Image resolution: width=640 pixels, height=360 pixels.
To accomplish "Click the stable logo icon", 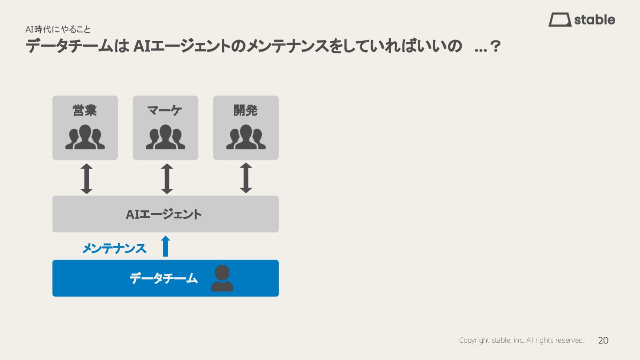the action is [560, 20].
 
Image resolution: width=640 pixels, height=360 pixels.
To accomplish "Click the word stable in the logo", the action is [595, 20].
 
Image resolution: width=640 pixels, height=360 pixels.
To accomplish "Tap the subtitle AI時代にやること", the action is [58, 29].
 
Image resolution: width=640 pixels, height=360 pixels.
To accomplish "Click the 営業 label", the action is [85, 110].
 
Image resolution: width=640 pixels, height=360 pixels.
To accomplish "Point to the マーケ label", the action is [165, 110].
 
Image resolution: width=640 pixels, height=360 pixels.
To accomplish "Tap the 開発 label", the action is [246, 110].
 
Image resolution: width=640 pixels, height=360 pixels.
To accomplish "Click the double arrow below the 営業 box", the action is [87, 179].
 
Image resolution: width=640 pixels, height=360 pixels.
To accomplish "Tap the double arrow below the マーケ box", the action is [167, 179].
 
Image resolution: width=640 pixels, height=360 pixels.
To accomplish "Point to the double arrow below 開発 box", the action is [246, 178].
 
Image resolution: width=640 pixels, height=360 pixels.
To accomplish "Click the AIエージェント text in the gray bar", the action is [164, 214].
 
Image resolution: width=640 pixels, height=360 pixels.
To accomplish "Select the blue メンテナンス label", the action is [114, 248].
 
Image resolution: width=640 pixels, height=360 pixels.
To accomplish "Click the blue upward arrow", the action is [165, 246].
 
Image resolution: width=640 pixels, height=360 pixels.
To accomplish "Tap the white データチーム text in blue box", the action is [164, 279].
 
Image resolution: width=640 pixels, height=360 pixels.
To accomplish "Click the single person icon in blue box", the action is [222, 278].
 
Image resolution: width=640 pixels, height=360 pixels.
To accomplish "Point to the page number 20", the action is [603, 340].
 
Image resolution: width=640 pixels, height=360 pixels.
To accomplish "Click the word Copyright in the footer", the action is [474, 340].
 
